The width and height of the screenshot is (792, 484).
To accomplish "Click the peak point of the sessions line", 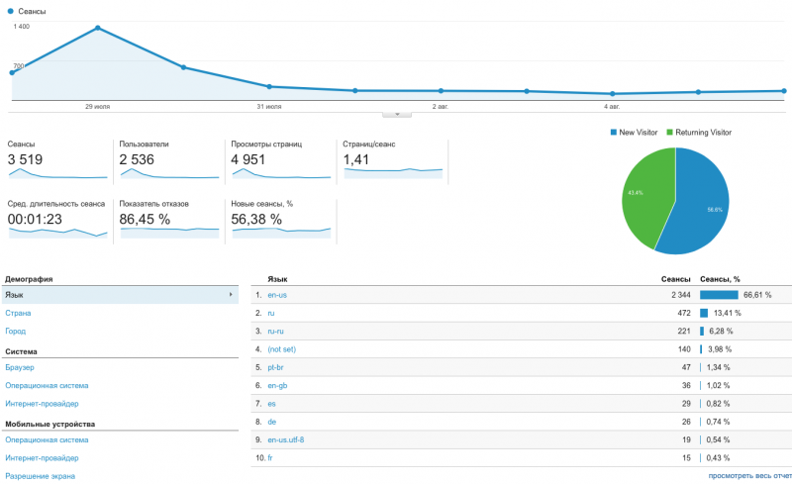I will point(97,28).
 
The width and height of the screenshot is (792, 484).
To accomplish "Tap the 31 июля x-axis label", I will point(268,105).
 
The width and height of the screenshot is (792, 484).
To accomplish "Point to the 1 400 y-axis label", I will point(21,27).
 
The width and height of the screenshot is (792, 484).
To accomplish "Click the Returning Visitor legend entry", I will point(702,132).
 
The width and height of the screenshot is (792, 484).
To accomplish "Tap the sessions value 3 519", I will point(25,159).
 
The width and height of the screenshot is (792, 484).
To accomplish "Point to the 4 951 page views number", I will point(248,159).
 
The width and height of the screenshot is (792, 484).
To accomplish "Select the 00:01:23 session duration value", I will point(36,219).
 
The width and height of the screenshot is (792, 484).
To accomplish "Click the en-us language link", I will point(278,295).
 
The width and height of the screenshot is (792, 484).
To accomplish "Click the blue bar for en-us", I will point(719,295).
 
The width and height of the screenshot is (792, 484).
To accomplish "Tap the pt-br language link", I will point(277,366).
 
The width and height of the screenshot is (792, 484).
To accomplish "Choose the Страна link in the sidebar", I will point(18,313).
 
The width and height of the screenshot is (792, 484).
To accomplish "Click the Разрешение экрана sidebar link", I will point(40,476).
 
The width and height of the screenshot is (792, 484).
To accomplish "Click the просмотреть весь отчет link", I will point(747,476).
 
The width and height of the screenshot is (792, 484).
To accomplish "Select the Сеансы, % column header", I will point(720,279).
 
